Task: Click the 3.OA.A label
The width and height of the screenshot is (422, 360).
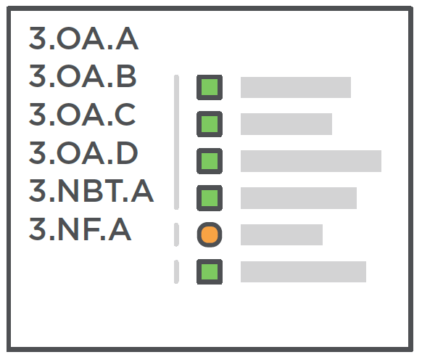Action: pyautogui.click(x=83, y=38)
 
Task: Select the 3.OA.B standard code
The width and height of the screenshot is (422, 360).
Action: pyautogui.click(x=83, y=76)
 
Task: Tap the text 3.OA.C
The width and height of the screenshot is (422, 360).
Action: pyautogui.click(x=82, y=114)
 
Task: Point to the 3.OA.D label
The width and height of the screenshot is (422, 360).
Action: pyautogui.click(x=83, y=152)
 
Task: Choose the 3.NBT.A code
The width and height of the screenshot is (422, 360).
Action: pyautogui.click(x=91, y=190)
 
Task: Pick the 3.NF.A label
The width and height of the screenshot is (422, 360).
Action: pyautogui.click(x=80, y=229)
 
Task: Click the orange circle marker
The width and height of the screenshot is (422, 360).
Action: pyautogui.click(x=210, y=234)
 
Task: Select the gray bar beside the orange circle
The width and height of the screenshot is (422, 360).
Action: pyautogui.click(x=281, y=234)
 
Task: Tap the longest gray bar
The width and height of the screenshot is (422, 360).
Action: pyautogui.click(x=311, y=161)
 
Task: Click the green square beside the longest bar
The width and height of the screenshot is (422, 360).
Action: pyautogui.click(x=210, y=161)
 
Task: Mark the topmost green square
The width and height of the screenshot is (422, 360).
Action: pyautogui.click(x=210, y=87)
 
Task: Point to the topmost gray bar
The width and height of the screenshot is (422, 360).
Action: pyautogui.click(x=296, y=87)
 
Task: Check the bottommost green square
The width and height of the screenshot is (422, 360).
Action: pyautogui.click(x=210, y=271)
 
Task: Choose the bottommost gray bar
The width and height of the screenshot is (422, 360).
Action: pyautogui.click(x=303, y=271)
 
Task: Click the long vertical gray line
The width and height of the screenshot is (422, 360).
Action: pyautogui.click(x=176, y=142)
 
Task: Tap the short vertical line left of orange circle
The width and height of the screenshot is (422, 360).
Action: pyautogui.click(x=176, y=234)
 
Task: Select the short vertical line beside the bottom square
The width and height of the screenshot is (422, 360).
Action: pyautogui.click(x=176, y=271)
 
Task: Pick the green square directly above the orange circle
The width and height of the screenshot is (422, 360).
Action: pyautogui.click(x=210, y=198)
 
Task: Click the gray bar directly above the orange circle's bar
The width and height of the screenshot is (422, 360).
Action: pyautogui.click(x=299, y=198)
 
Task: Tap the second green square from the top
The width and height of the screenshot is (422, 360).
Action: pyautogui.click(x=210, y=124)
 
